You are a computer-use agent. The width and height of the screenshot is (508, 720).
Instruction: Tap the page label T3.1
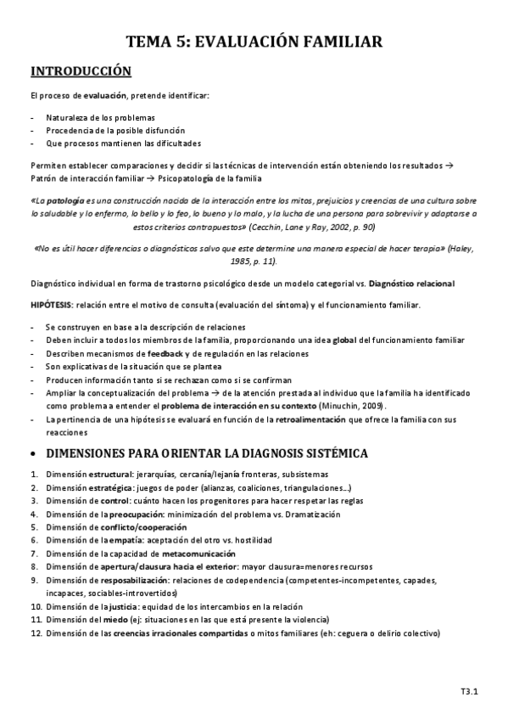[470, 691]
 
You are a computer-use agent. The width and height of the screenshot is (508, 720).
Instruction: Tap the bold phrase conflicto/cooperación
[126, 527]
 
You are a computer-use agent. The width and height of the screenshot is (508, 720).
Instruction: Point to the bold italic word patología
[68, 200]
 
